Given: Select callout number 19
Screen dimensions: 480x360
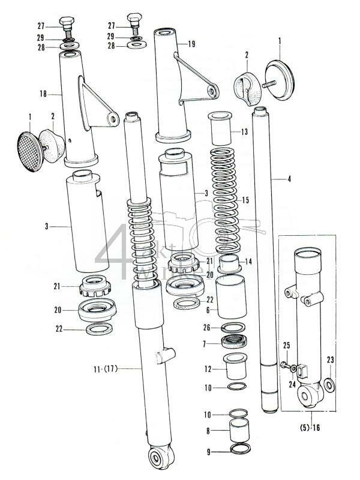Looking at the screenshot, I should (191, 44).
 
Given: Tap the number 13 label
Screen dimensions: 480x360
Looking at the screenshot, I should (244, 131).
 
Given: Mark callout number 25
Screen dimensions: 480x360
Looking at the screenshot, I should (286, 346).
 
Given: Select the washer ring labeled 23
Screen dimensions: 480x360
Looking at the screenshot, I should (329, 384).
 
